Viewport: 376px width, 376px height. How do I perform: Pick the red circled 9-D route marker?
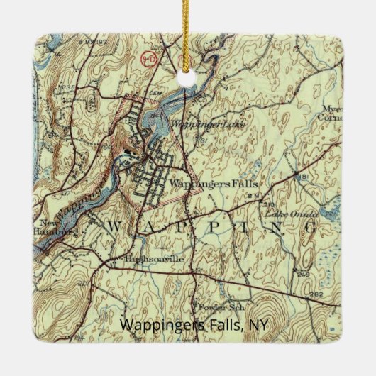pyautogui.click(x=148, y=55)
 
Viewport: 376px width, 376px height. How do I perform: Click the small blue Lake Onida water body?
pyautogui.click(x=328, y=208)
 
